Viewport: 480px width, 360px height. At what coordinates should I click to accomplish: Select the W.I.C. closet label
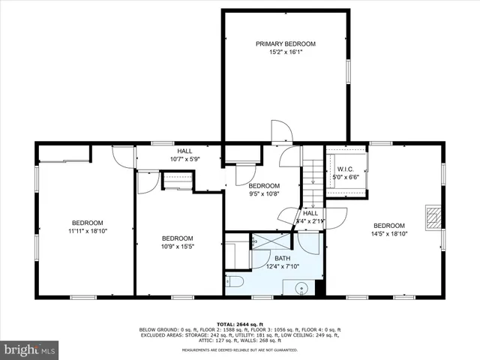pos(345,169)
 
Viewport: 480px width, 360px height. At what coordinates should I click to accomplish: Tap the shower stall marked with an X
pos(271,241)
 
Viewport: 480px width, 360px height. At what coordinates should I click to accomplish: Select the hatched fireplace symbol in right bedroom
pos(433,217)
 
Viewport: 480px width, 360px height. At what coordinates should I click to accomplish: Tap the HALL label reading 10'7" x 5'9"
pos(184,154)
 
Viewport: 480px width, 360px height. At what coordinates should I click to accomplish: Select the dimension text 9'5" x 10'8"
pos(264,193)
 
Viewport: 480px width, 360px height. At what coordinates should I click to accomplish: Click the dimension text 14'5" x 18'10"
pos(389,234)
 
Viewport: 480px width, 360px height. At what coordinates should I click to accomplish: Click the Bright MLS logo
pos(30,349)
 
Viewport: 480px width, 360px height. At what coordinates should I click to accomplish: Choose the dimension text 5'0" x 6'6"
pos(345,177)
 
